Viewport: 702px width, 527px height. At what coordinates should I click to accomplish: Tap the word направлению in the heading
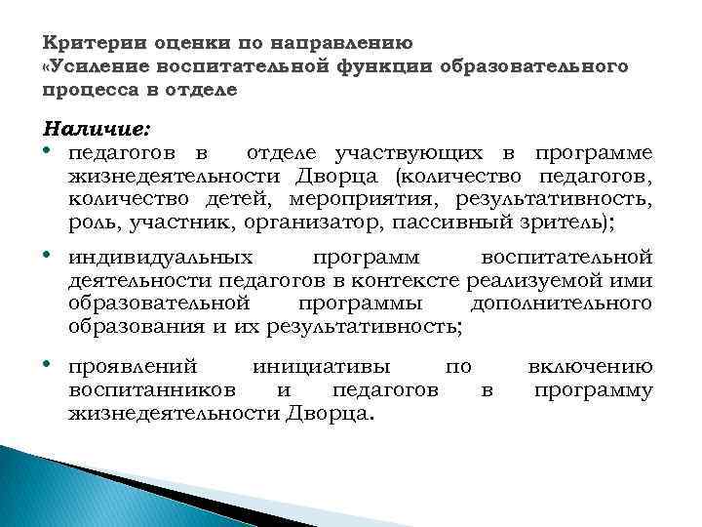pyautogui.click(x=352, y=44)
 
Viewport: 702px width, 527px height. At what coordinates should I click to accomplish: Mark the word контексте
pyautogui.click(x=392, y=282)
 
